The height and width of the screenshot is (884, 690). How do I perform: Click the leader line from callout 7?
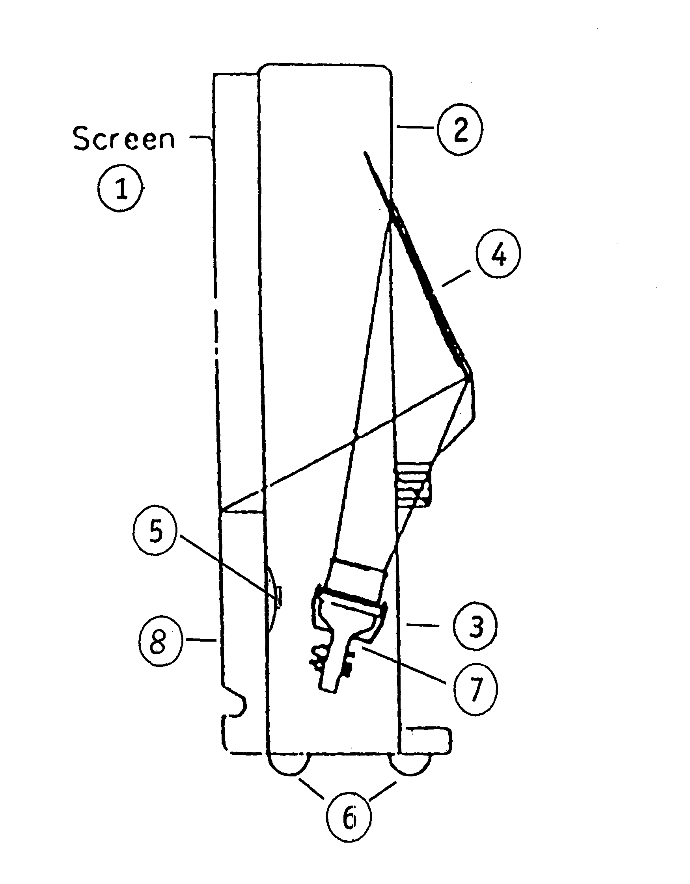tap(405, 666)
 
